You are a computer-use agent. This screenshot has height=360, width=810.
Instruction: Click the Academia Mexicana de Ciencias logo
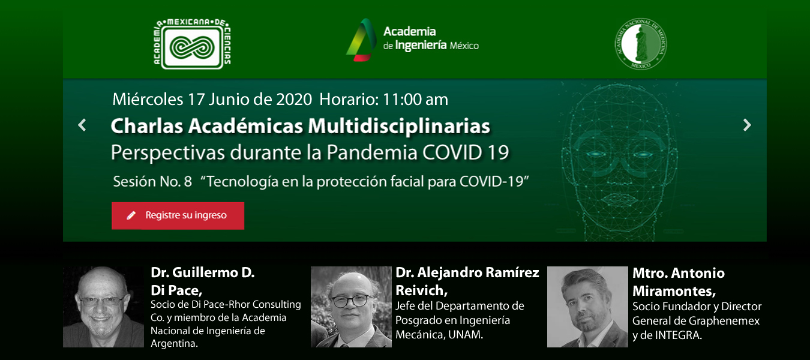coord(192,44)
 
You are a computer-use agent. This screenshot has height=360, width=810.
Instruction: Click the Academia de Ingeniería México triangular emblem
coord(361,40)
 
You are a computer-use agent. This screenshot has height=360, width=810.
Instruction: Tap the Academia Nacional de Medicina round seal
coord(641,43)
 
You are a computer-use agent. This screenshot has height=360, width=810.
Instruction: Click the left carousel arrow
coord(82,125)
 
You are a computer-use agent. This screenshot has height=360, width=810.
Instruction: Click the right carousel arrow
coord(747,125)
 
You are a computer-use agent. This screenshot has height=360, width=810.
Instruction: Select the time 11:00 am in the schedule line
coord(415,100)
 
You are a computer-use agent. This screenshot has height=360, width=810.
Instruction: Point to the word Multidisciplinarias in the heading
coord(399,126)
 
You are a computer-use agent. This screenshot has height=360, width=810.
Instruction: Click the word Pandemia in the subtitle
coord(372,152)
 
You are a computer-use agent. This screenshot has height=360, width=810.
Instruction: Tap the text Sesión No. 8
coord(152,181)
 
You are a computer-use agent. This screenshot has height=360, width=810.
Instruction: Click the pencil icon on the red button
coord(131,215)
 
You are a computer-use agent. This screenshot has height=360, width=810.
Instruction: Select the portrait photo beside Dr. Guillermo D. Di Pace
coord(103,307)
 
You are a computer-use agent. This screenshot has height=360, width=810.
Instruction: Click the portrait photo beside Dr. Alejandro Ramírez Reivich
coord(351,307)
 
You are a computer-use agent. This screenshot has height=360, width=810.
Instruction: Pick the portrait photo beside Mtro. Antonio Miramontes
coord(587,307)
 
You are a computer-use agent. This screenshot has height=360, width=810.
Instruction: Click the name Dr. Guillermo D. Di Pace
coord(203,281)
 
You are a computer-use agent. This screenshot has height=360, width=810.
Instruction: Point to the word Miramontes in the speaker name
coord(674,291)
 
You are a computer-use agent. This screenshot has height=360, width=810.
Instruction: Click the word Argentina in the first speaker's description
coord(174,343)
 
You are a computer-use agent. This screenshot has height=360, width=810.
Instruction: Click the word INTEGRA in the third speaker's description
coord(679,335)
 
